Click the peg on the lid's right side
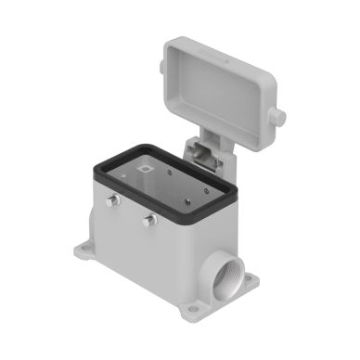[x=279, y=118]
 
